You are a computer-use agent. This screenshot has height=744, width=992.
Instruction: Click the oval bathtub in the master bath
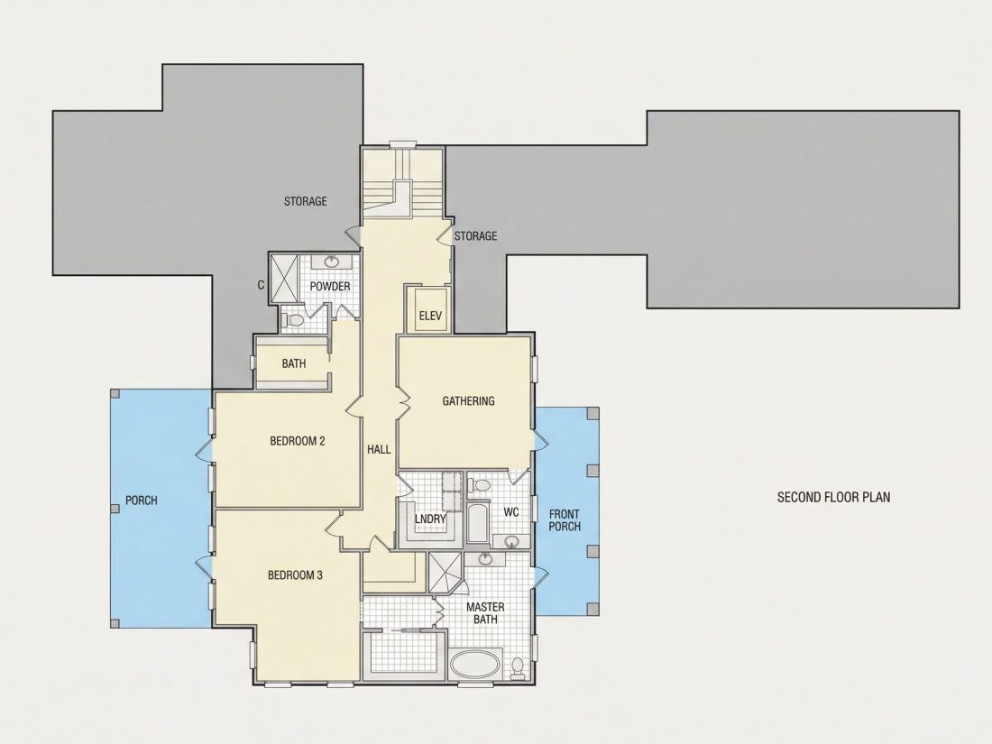[475, 666]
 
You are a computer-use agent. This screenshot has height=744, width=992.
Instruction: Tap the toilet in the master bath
[518, 668]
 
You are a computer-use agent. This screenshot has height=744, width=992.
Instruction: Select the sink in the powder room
[331, 262]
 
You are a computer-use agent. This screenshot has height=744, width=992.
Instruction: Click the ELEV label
[430, 315]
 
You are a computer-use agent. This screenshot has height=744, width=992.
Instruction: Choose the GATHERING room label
[468, 401]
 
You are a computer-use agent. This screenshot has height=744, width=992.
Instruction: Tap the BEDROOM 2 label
[298, 441]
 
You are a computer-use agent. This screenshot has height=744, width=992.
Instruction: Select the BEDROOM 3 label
[296, 575]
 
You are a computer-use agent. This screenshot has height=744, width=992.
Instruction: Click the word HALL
[379, 449]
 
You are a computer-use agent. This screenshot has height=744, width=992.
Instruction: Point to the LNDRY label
[430, 519]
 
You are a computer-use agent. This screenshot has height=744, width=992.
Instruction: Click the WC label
[511, 512]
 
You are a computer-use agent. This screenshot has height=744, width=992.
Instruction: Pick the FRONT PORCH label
[565, 520]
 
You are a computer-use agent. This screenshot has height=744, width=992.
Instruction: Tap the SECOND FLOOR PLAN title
[833, 497]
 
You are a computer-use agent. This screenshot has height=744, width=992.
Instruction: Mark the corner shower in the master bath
[445, 574]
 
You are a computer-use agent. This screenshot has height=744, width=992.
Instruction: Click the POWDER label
[329, 287]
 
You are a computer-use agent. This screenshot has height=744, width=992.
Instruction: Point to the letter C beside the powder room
[261, 285]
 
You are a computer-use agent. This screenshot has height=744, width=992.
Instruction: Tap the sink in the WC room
[511, 542]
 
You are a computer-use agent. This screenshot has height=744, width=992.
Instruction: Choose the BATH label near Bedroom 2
[294, 363]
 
